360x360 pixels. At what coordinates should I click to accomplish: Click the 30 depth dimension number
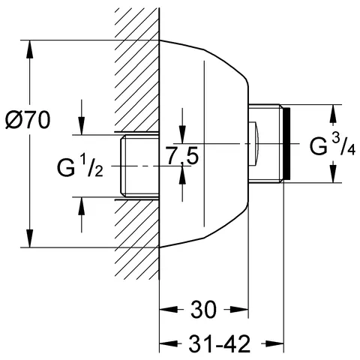point(204,309)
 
